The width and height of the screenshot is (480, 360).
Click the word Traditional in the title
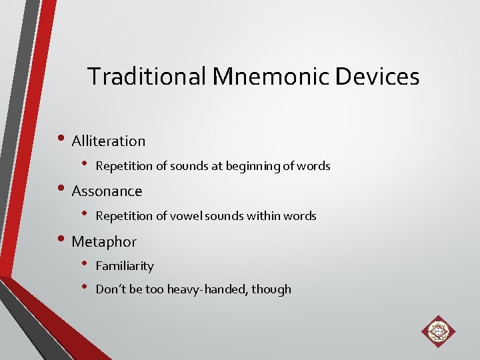147,77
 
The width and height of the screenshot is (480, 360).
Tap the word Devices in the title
377,77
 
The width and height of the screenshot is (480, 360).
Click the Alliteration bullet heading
108,141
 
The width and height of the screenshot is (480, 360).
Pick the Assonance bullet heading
107,191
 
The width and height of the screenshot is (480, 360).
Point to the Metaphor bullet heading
104,241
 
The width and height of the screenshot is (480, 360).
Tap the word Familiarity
125,266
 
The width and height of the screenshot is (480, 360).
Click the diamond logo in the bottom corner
438,331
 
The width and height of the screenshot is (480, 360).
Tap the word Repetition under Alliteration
123,166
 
